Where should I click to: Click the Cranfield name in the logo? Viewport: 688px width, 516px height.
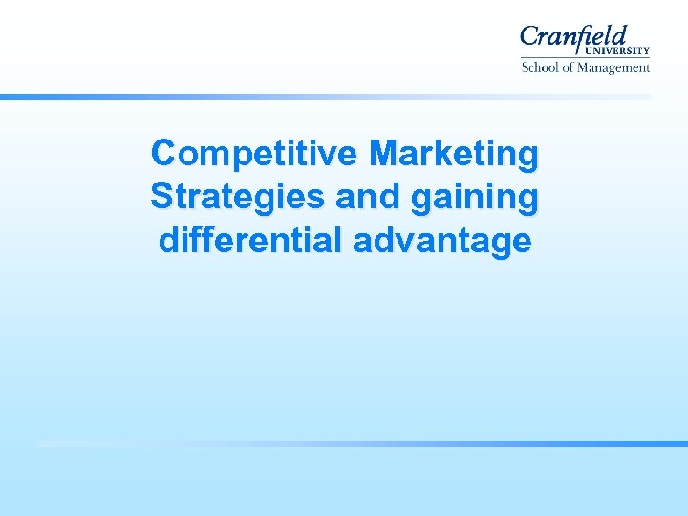pos(573,38)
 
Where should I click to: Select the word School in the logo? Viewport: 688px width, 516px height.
pos(539,68)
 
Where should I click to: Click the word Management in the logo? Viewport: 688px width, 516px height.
pos(614,68)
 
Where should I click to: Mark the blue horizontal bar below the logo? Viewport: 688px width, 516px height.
pos(325,97)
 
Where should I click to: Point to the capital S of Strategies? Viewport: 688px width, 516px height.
pos(161,197)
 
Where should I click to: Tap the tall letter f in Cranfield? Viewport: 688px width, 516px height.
pos(591,36)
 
